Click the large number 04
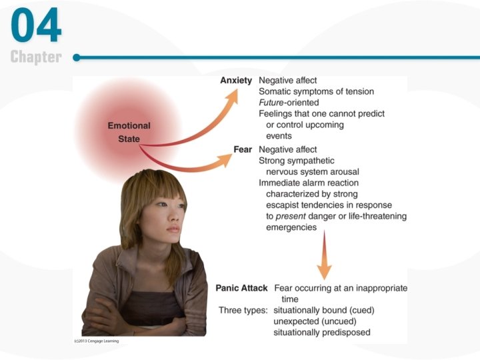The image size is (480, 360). pos(36,26)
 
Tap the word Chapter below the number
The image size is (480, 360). pos(36,57)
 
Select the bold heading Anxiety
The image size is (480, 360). pos(236,81)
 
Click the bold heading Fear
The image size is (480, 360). pos(242,149)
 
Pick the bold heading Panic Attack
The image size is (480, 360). pos(241,288)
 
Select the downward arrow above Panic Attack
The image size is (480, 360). pos(324,267)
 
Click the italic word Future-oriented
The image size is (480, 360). pos(289,103)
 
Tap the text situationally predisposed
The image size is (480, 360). pos(322,332)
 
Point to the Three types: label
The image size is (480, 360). pos(243,311)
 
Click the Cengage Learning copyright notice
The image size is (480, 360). pos(96,341)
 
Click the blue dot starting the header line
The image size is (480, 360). pos(77,57)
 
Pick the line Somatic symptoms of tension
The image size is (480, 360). pos(316,91)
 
